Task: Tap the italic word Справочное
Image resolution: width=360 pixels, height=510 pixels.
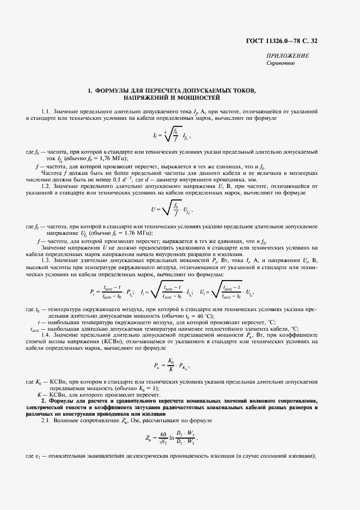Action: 280,63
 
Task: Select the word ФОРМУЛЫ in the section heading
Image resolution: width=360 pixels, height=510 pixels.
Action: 113,90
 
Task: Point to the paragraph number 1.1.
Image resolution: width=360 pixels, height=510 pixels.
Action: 45,111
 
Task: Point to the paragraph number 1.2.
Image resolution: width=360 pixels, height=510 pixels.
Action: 45,186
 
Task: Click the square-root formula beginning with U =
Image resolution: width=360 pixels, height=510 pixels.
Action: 172,208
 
